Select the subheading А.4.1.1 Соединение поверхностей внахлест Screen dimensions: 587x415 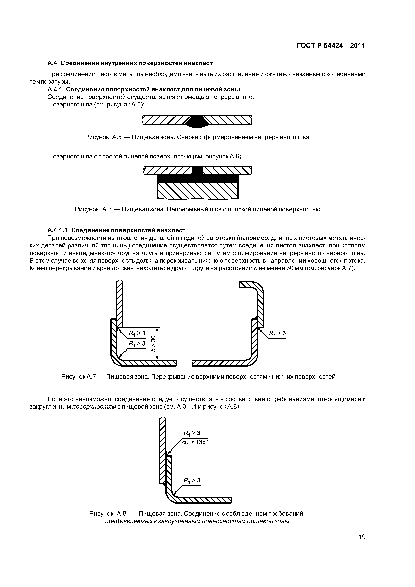(116, 230)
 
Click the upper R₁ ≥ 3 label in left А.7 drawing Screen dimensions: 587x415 (137, 333)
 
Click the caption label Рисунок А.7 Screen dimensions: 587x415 (78, 377)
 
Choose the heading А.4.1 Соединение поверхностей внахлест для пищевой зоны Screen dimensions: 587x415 (144, 90)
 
